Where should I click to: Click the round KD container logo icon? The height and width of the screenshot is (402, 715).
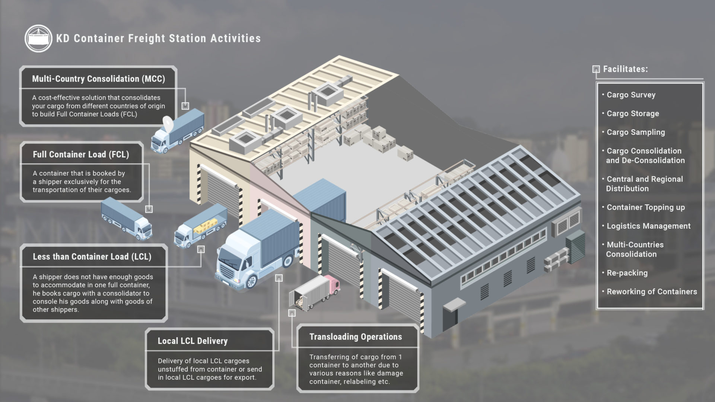[x=38, y=38]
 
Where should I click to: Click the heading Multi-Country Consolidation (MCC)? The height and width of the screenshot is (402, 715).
[x=98, y=79]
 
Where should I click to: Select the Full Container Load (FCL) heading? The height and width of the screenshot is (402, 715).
[x=81, y=154]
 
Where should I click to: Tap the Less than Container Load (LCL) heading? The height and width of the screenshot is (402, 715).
[x=92, y=256]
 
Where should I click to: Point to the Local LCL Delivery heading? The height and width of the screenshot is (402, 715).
[x=193, y=341]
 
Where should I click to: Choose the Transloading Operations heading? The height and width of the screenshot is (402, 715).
[x=356, y=337]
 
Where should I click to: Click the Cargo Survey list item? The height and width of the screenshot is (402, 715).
[x=631, y=95]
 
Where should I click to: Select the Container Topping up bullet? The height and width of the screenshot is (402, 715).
[x=646, y=207]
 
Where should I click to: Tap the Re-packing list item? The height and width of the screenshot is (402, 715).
[x=627, y=273]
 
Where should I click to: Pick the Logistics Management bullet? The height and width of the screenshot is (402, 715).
[x=648, y=226]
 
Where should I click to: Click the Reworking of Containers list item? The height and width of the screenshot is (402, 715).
[x=652, y=292]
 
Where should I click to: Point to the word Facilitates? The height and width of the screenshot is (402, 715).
[x=625, y=69]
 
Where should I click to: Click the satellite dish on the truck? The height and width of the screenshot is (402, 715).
[x=168, y=122]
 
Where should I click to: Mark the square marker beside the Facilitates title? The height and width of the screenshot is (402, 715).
[x=596, y=69]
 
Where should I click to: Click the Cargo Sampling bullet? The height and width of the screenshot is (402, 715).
[x=636, y=132]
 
